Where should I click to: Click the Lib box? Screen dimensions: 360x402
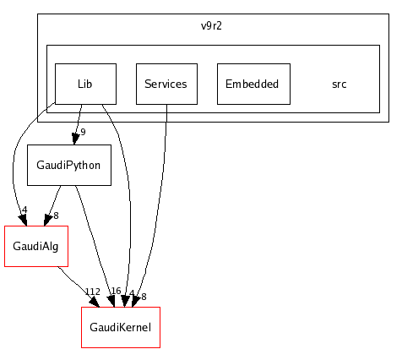click(84, 84)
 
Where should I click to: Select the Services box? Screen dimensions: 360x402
click(166, 84)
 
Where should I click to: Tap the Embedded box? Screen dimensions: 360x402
click(253, 84)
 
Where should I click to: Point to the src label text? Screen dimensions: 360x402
click(339, 85)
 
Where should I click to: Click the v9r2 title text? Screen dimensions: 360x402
click(211, 26)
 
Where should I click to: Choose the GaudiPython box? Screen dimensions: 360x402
click(69, 165)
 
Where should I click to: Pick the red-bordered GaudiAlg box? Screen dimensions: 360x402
click(35, 246)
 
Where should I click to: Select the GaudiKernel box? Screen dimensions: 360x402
click(120, 327)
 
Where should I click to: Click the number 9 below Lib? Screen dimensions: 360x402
click(83, 132)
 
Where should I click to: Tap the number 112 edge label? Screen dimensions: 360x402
click(92, 292)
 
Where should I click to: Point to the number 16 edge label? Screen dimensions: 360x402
click(116, 291)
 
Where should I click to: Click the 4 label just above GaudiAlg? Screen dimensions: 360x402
click(24, 210)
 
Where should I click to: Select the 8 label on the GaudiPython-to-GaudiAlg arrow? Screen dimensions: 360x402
click(56, 215)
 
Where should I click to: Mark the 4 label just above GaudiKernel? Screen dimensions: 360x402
click(132, 293)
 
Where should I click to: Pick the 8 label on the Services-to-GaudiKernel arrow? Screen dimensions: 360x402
click(144, 297)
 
